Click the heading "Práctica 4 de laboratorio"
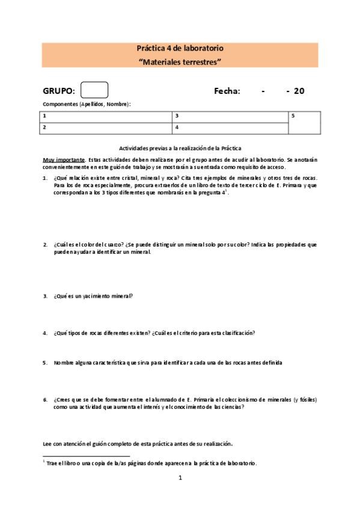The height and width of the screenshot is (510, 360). [180, 48]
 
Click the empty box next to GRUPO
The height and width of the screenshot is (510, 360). [94, 90]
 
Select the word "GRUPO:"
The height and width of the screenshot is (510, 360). [59, 91]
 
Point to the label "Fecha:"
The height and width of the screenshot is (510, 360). [227, 91]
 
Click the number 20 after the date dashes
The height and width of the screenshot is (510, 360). [299, 91]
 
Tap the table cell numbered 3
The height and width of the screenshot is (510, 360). [230, 115]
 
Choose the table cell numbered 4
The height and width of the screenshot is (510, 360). [230, 127]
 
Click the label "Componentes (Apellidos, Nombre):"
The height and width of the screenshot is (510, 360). [87, 104]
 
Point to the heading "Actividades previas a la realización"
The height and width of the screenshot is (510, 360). [180, 148]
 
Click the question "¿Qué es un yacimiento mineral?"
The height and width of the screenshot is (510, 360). [93, 296]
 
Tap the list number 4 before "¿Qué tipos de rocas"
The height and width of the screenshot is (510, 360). [44, 333]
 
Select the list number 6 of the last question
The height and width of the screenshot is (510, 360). [44, 399]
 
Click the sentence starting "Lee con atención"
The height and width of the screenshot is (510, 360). [138, 443]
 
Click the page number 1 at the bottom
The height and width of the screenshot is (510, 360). [180, 479]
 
